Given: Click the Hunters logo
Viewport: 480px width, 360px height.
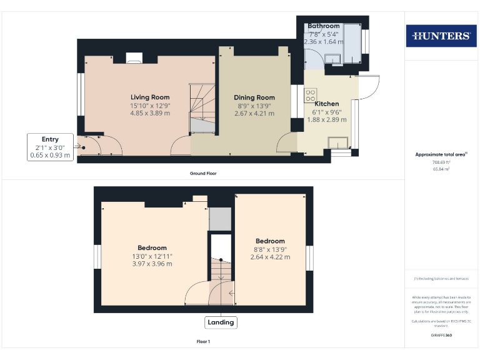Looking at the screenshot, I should pyautogui.click(x=441, y=36).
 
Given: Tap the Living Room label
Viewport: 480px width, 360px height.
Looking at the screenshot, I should pyautogui.click(x=150, y=97).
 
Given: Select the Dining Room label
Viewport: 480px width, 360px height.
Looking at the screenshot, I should pyautogui.click(x=254, y=97).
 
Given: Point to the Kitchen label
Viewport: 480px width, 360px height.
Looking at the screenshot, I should pyautogui.click(x=327, y=104).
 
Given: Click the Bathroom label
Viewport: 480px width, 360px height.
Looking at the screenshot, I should pyautogui.click(x=323, y=26).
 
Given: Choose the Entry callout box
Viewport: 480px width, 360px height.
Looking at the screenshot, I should pyautogui.click(x=51, y=147).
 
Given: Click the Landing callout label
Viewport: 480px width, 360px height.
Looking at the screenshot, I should pyautogui.click(x=221, y=322).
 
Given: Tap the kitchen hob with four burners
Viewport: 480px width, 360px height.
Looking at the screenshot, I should pyautogui.click(x=310, y=94).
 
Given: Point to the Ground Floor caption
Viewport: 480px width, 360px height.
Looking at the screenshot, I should pyautogui.click(x=204, y=173).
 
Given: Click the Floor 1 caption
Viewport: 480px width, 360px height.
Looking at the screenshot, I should pyautogui.click(x=204, y=342).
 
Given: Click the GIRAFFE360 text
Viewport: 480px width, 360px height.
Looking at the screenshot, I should pyautogui.click(x=441, y=336).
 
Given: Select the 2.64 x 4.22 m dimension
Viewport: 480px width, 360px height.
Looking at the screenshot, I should pyautogui.click(x=270, y=256).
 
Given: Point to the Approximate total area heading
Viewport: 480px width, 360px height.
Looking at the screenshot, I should pyautogui.click(x=441, y=154).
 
